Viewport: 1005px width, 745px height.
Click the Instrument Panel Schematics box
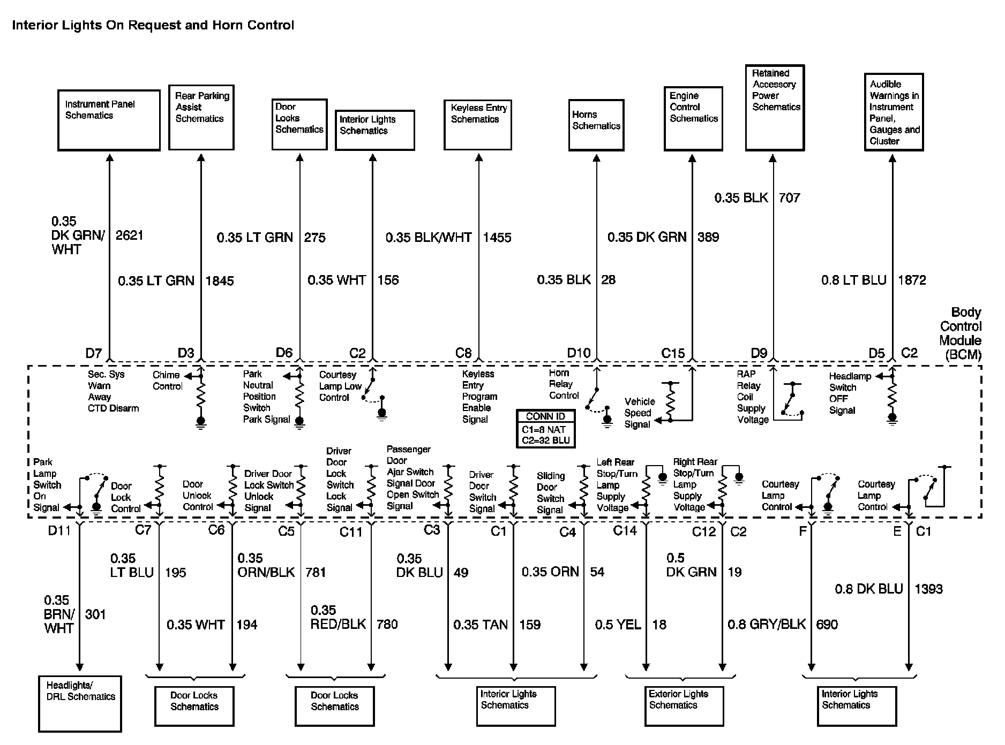(109, 120)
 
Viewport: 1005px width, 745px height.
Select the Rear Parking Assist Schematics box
(201, 117)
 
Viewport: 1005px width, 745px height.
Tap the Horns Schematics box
(596, 125)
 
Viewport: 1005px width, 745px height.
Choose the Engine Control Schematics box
(693, 119)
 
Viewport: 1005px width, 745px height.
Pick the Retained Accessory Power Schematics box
(775, 108)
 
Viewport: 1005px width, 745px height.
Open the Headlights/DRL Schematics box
(80, 703)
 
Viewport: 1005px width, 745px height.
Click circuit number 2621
(130, 235)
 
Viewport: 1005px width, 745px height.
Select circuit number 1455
(497, 238)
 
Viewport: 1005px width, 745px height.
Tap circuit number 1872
(912, 280)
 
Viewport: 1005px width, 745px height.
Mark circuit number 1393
(928, 589)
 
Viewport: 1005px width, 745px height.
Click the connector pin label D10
(579, 353)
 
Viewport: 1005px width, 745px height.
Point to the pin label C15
(673, 353)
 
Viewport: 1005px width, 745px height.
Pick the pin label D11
(59, 530)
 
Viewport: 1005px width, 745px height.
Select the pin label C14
(625, 530)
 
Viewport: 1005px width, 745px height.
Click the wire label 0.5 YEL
(618, 625)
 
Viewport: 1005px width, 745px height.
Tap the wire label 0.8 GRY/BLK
(767, 625)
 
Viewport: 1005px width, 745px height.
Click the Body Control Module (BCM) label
(960, 333)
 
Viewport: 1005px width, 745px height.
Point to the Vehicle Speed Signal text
(639, 413)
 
